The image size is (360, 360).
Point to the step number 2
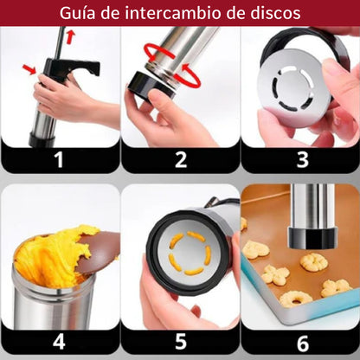point(180,158)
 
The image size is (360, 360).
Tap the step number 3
point(301,158)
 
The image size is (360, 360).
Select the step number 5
point(180,342)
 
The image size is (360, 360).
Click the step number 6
point(301,342)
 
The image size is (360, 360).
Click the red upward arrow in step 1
point(70,36)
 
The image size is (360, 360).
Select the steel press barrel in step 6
point(310,212)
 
